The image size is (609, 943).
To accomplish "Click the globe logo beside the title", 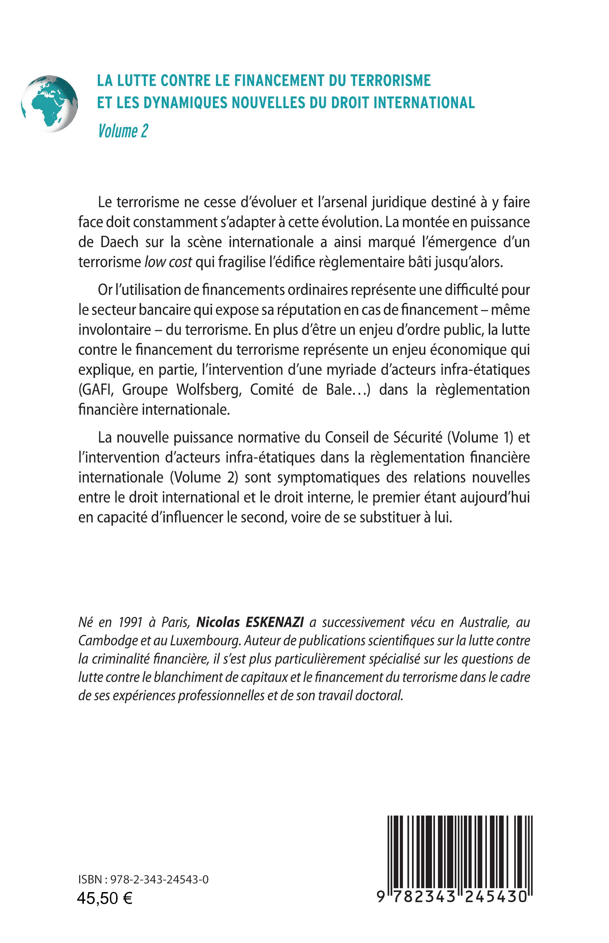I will point(50,103).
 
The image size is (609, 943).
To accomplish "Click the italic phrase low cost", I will point(168,262).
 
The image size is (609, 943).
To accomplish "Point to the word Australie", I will point(484,622).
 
